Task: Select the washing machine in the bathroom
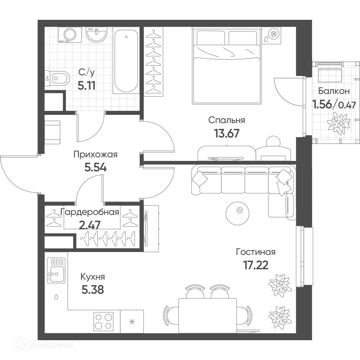(x=70, y=35)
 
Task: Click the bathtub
(x=126, y=61)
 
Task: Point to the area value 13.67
(x=226, y=133)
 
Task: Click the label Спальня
(x=226, y=120)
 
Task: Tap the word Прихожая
(x=95, y=155)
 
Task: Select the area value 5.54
(x=95, y=167)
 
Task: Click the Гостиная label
(x=256, y=252)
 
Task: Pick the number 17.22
(x=256, y=265)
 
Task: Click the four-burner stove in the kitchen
(x=103, y=321)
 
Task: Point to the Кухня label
(x=93, y=277)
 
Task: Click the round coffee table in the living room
(x=237, y=213)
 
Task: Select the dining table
(x=207, y=315)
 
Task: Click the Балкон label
(x=334, y=91)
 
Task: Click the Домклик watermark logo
(x=44, y=345)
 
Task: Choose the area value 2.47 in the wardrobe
(x=90, y=225)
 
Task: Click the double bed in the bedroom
(x=226, y=66)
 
